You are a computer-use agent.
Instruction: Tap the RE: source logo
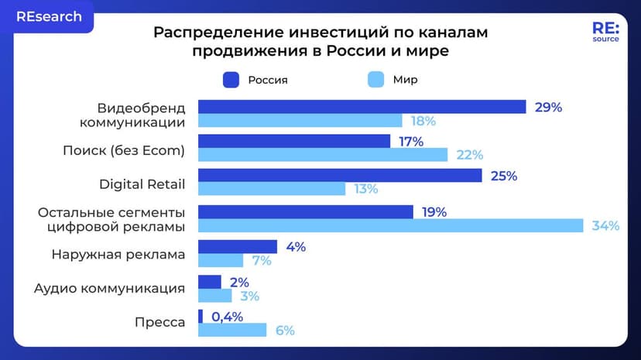(605, 32)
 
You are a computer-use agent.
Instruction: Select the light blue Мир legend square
(375, 80)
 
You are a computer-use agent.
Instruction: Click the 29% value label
(548, 108)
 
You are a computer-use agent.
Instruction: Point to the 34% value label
(605, 226)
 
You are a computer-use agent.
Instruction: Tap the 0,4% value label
(227, 316)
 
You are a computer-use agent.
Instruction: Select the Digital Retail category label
(142, 183)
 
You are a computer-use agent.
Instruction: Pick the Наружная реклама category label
(118, 254)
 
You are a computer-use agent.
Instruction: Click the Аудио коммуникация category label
(109, 288)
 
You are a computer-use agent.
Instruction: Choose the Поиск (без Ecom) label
(124, 149)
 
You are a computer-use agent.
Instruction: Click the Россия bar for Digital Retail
(340, 177)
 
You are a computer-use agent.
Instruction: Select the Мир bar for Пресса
(232, 330)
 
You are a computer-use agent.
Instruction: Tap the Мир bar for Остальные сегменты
(390, 226)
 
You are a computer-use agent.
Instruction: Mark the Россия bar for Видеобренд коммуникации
(362, 107)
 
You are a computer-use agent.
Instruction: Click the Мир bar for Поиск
(323, 155)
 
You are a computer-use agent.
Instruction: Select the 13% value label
(365, 190)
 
